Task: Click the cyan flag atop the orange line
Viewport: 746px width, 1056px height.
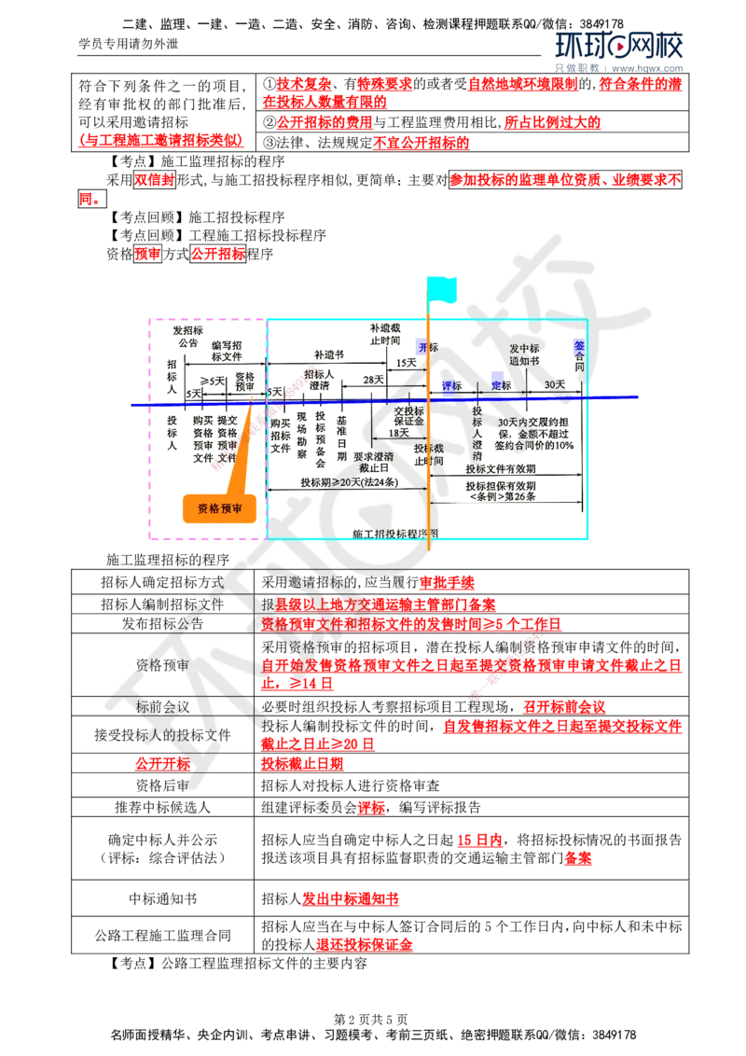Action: tap(443, 288)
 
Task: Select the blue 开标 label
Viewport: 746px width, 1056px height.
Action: tap(429, 347)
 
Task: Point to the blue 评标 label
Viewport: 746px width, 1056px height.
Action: tap(452, 385)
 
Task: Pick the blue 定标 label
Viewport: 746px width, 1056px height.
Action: tap(502, 385)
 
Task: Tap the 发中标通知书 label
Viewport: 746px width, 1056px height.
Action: tap(524, 354)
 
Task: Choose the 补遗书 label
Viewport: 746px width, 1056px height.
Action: tap(326, 355)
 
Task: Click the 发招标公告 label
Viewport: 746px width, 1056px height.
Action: tap(187, 336)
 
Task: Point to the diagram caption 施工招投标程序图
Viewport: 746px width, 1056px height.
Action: tap(395, 534)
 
